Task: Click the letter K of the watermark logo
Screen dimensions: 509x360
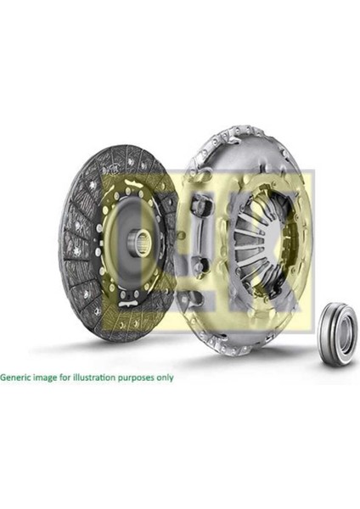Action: tap(280, 238)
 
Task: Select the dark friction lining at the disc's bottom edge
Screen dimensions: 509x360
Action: tap(110, 331)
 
